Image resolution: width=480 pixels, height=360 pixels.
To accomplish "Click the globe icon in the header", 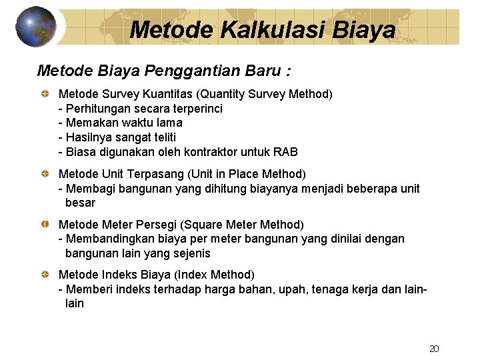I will (35, 27).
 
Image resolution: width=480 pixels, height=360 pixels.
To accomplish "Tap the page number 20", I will (434, 349).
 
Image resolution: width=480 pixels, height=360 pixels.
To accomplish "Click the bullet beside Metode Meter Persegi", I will (44, 225).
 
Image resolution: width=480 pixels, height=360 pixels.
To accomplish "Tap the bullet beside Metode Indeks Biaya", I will (44, 275).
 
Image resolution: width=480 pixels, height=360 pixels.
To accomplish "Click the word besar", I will (80, 202).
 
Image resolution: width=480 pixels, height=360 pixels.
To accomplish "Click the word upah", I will (289, 289).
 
